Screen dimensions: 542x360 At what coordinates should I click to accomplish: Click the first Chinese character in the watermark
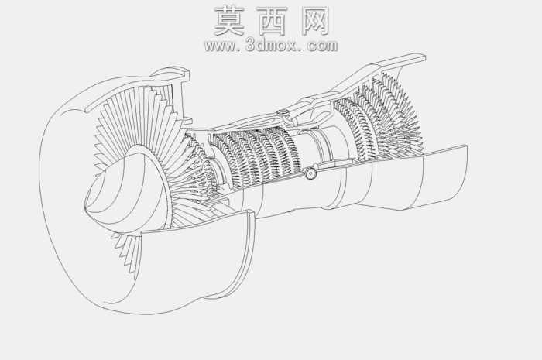point(229,21)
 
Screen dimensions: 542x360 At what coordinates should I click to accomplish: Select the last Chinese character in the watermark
point(315,21)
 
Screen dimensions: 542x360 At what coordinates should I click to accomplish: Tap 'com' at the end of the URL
point(322,46)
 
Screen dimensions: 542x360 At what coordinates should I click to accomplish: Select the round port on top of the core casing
point(283,113)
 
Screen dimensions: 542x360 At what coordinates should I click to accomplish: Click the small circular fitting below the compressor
point(310,173)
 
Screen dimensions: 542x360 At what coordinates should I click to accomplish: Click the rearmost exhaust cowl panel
point(444,177)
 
